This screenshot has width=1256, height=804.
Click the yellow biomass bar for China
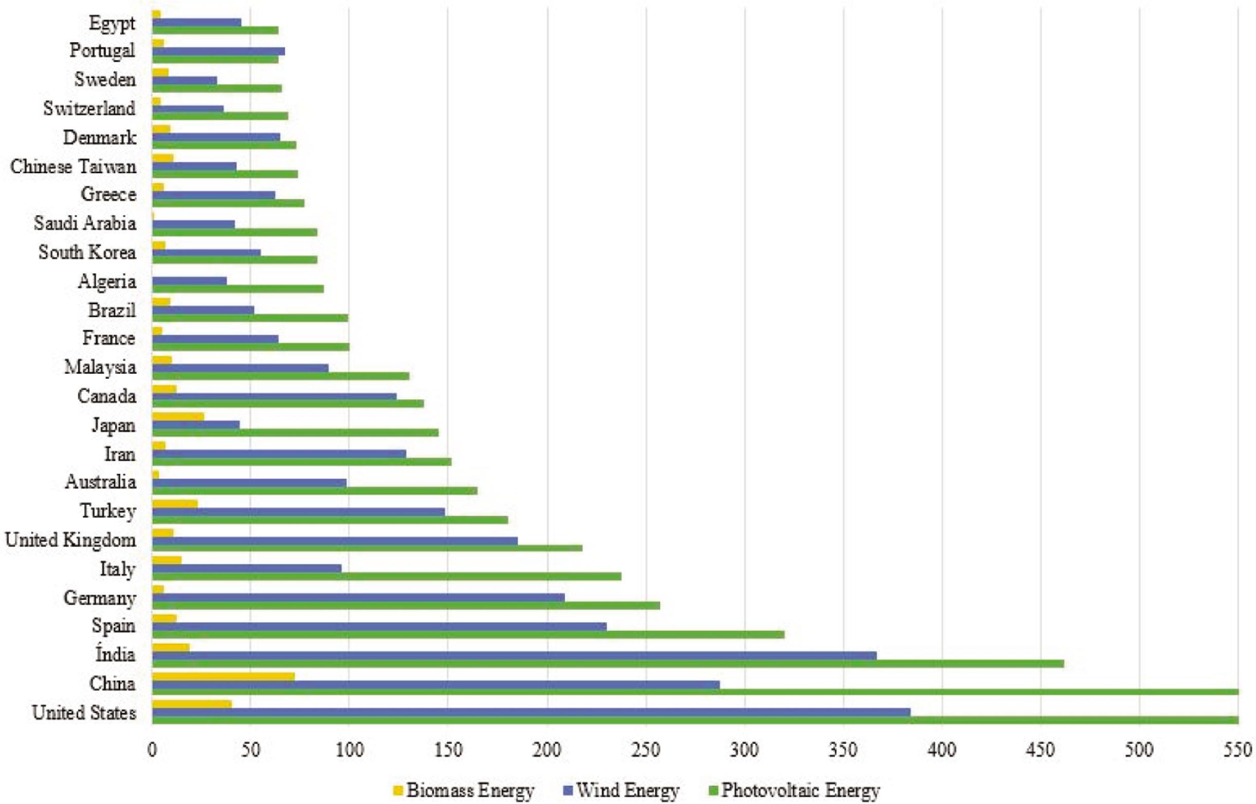click(224, 677)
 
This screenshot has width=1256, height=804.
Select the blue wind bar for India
click(514, 656)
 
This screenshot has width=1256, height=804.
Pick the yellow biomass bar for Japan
click(178, 416)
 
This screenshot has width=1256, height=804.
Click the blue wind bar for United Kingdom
click(335, 541)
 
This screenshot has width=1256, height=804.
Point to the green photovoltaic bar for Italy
click(386, 576)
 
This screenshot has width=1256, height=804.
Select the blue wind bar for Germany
click(358, 597)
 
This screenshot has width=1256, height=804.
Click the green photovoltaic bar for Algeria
click(238, 289)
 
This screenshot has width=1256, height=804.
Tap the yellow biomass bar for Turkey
click(175, 503)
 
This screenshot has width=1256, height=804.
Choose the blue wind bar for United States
click(531, 712)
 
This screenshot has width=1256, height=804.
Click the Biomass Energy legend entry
click(463, 791)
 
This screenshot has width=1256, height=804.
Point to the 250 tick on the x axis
click(646, 751)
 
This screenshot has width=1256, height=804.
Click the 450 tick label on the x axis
click(1041, 751)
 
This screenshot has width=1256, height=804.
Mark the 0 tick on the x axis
click(152, 751)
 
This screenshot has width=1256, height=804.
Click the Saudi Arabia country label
click(85, 224)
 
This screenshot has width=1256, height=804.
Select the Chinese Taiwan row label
click(73, 167)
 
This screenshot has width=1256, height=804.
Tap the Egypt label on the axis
click(112, 24)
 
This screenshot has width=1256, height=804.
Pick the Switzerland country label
click(89, 108)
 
